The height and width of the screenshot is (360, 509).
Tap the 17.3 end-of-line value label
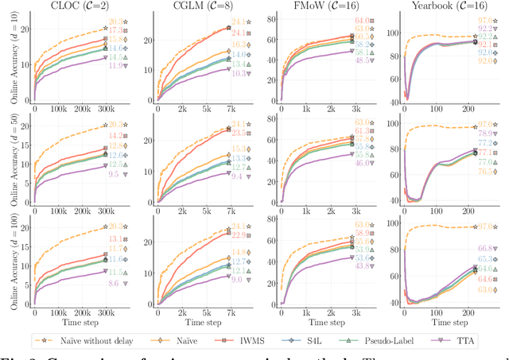[x=117, y=30]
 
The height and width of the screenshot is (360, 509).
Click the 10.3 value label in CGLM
[x=236, y=73]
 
